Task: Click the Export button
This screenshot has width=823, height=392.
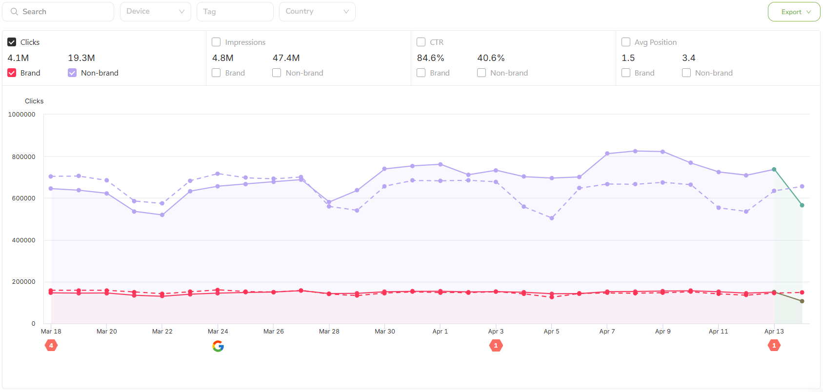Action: tap(794, 12)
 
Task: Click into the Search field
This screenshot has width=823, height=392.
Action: tap(63, 12)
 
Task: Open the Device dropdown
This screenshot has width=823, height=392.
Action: tap(155, 12)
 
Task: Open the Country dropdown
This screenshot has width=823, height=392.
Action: tap(317, 12)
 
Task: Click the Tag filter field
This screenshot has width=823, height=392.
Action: tap(235, 12)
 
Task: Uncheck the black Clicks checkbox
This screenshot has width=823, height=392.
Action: tap(12, 42)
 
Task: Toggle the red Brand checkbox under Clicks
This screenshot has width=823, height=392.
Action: tap(12, 73)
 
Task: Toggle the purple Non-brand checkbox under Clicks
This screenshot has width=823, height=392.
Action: tap(72, 73)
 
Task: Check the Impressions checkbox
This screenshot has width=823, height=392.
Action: tap(216, 42)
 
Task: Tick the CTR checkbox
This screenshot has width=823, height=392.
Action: tap(421, 42)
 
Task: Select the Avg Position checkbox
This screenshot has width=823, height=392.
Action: tap(626, 42)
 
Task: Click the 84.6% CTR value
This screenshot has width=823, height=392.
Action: tap(430, 58)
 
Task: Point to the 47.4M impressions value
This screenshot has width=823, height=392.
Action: tap(286, 58)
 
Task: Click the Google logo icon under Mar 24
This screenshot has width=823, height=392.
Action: tap(218, 346)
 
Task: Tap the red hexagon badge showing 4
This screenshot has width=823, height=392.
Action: tap(51, 346)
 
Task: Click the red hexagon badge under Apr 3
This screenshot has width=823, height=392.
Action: tap(496, 346)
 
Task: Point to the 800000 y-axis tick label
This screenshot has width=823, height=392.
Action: tap(23, 157)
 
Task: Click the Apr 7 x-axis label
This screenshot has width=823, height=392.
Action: tap(607, 332)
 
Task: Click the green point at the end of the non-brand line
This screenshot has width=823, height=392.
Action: tap(802, 205)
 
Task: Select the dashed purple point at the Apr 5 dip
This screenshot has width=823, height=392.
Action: tap(552, 218)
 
